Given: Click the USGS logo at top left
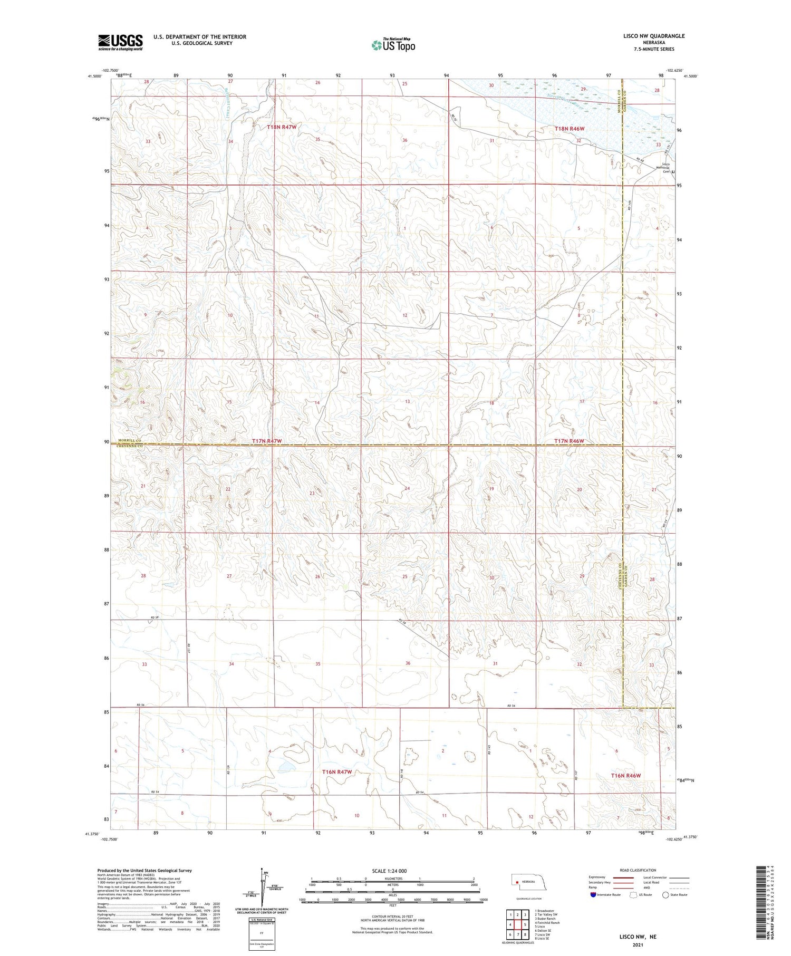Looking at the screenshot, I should click(120, 42).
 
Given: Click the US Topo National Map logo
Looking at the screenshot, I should click(393, 45).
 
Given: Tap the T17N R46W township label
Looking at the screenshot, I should click(569, 441).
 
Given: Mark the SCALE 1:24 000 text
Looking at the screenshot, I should click(389, 871).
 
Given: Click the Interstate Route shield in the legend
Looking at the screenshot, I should click(594, 895).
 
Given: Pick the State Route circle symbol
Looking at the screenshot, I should click(665, 895).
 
